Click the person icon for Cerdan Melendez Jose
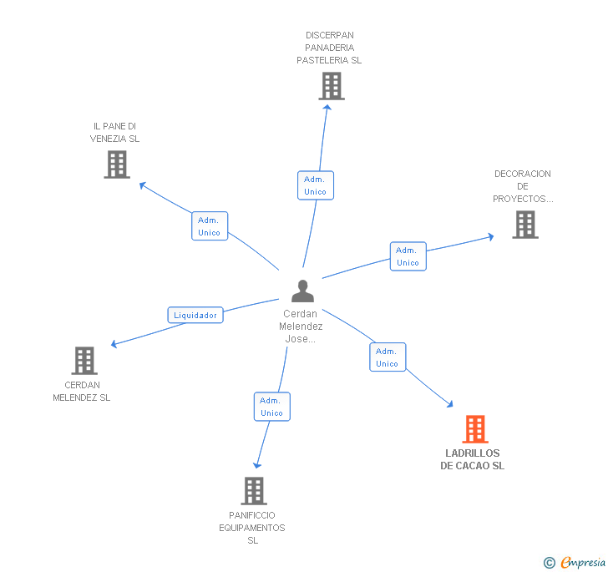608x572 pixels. click(x=302, y=291)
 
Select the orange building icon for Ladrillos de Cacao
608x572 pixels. click(x=475, y=429)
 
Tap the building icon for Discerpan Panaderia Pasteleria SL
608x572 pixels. click(x=331, y=86)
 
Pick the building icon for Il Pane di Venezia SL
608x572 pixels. click(x=117, y=165)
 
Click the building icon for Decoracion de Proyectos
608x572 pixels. click(x=524, y=224)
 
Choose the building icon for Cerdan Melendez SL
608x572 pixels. click(x=84, y=361)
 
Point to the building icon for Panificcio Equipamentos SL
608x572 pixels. click(x=254, y=491)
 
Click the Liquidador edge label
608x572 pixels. click(x=195, y=315)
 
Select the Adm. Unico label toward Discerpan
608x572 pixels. click(x=315, y=185)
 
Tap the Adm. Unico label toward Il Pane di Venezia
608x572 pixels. click(x=209, y=226)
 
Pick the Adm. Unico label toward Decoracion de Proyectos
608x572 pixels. click(x=408, y=256)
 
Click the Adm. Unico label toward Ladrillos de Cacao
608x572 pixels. click(x=387, y=357)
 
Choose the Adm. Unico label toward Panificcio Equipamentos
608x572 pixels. click(x=271, y=407)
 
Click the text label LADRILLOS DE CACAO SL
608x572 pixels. click(x=473, y=459)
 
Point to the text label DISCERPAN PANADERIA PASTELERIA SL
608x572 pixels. click(x=329, y=48)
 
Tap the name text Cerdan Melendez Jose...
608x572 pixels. click(x=301, y=326)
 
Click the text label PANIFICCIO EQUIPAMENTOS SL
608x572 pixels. click(x=252, y=528)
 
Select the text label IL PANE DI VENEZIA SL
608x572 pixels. click(x=115, y=132)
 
